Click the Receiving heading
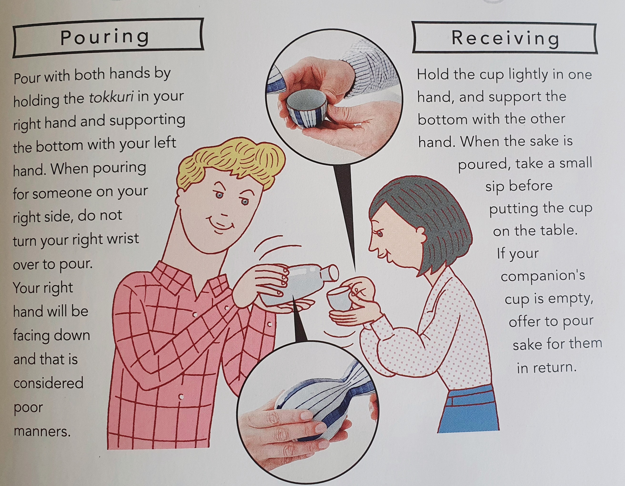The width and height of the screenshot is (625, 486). pyautogui.click(x=505, y=38)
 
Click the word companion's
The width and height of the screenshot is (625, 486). pyautogui.click(x=543, y=276)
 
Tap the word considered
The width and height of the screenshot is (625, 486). pyautogui.click(x=48, y=383)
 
